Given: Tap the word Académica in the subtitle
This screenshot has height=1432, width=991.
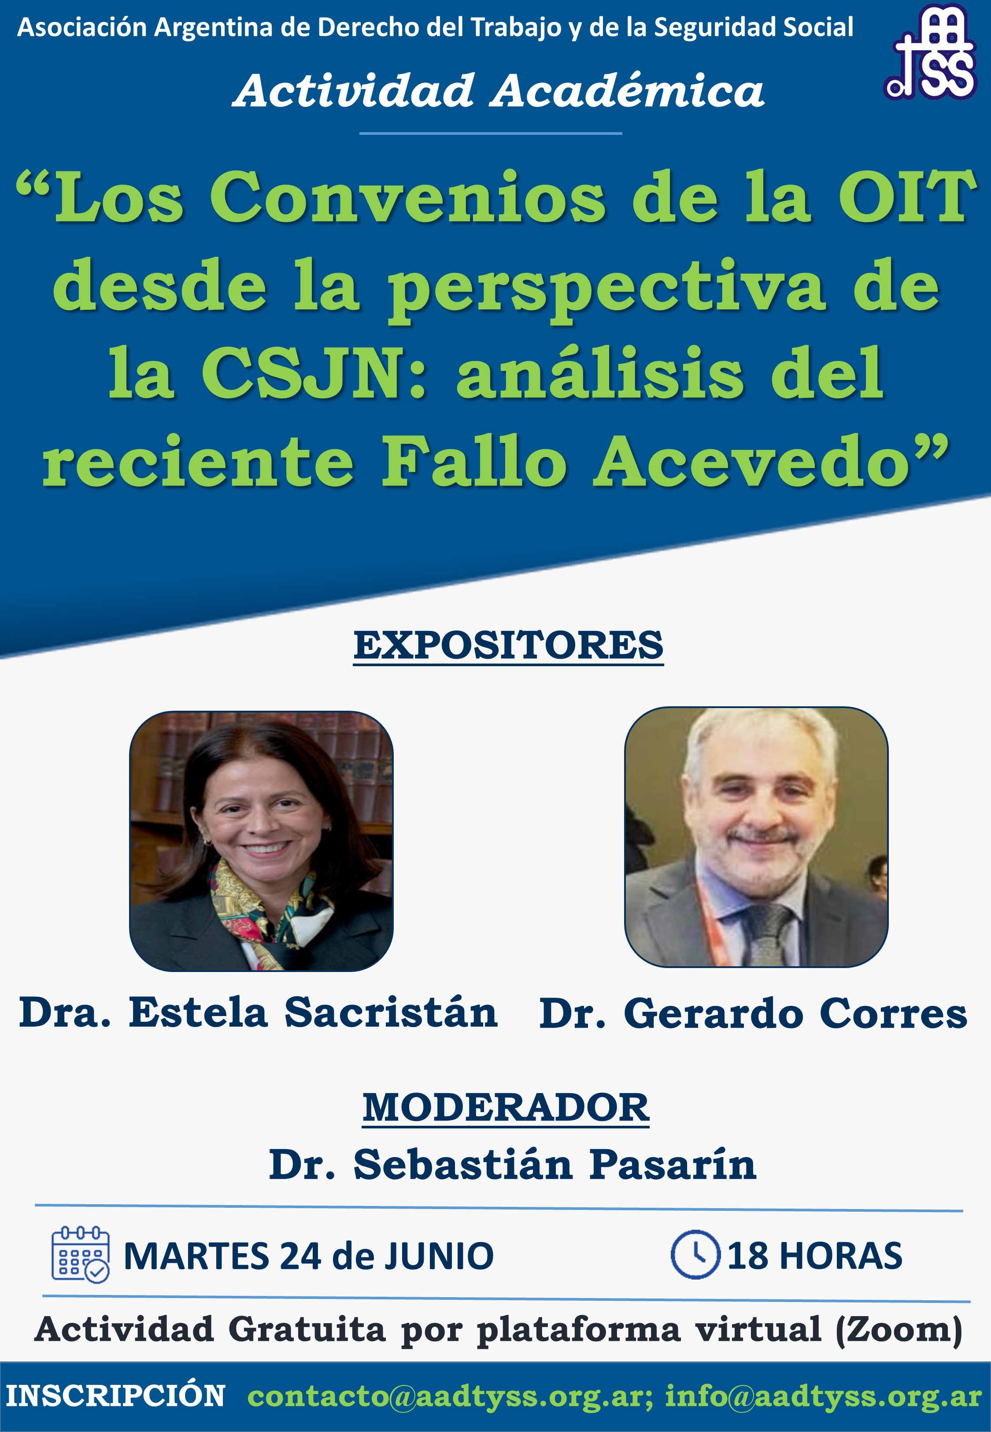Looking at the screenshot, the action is click(627, 91).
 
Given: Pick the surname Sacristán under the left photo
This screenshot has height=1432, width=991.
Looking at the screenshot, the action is click(391, 1013).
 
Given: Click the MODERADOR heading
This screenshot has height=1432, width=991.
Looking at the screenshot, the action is click(506, 1108).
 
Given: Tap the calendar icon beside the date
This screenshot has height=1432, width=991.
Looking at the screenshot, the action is click(80, 1254).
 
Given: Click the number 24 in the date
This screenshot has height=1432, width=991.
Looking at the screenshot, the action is click(300, 1256).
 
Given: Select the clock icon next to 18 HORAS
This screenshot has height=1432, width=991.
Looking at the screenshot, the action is click(695, 1254).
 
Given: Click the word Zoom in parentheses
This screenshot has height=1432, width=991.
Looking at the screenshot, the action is click(899, 1330).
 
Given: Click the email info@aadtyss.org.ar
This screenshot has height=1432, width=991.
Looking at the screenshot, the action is click(823, 1397).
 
